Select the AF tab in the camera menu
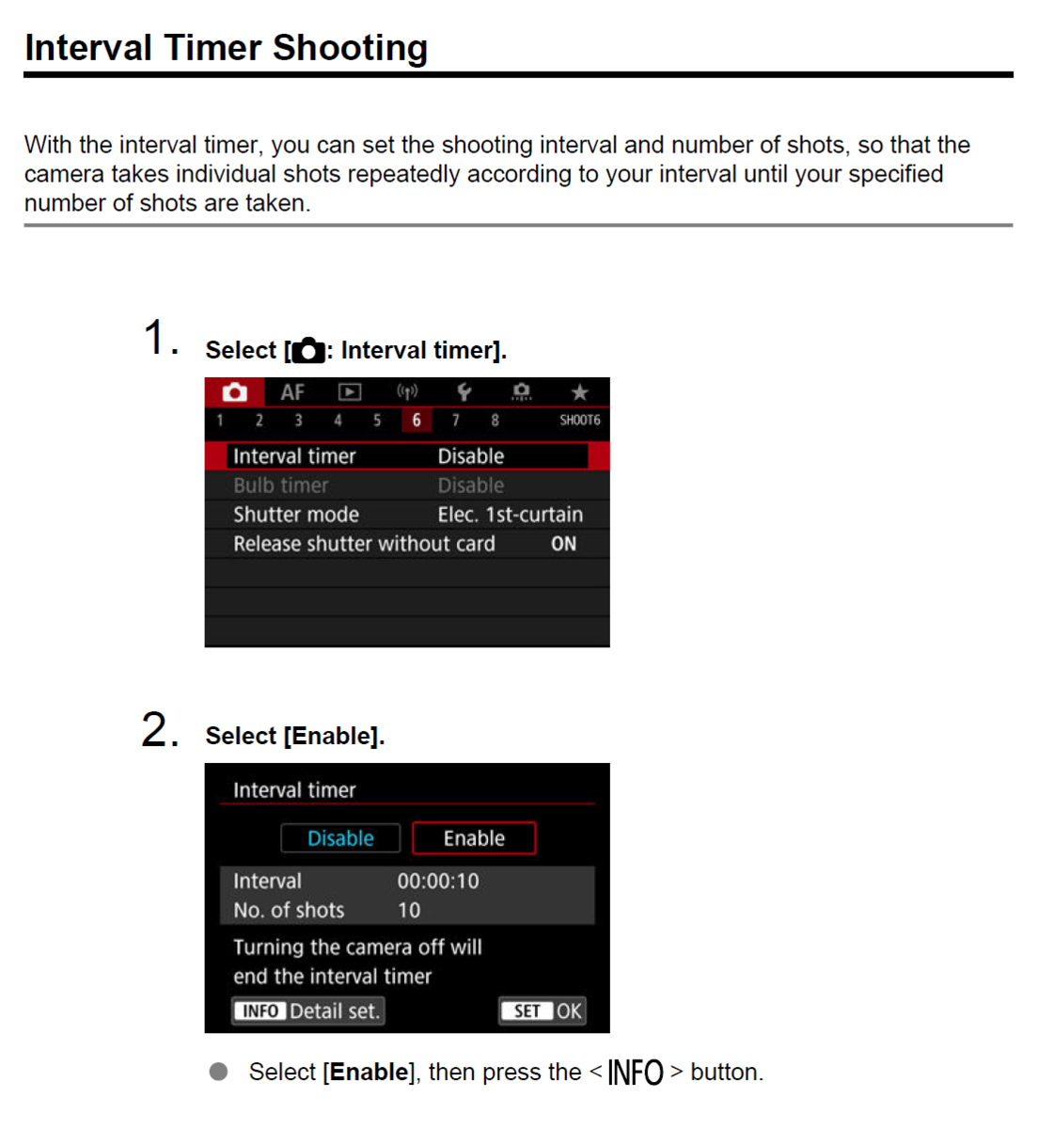pyautogui.click(x=292, y=392)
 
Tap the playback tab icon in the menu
pyautogui.click(x=350, y=391)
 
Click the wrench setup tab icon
pyautogui.click(x=464, y=391)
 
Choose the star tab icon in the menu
pyautogui.click(x=579, y=391)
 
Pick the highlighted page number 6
pyautogui.click(x=417, y=421)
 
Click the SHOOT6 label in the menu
pyautogui.click(x=579, y=421)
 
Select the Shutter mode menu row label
pyautogui.click(x=296, y=515)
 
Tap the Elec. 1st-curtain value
pyautogui.click(x=511, y=515)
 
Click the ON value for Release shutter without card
pyautogui.click(x=563, y=544)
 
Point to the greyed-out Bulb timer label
pyautogui.click(x=281, y=485)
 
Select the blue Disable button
pyautogui.click(x=340, y=838)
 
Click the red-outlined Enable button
pyautogui.click(x=474, y=838)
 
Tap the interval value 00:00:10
pyautogui.click(x=438, y=882)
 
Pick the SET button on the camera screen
pyautogui.click(x=527, y=1011)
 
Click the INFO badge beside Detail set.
pyautogui.click(x=260, y=1011)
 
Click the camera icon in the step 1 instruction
pyautogui.click(x=308, y=350)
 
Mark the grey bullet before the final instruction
pyautogui.click(x=218, y=1072)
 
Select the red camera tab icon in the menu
pyautogui.click(x=235, y=392)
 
